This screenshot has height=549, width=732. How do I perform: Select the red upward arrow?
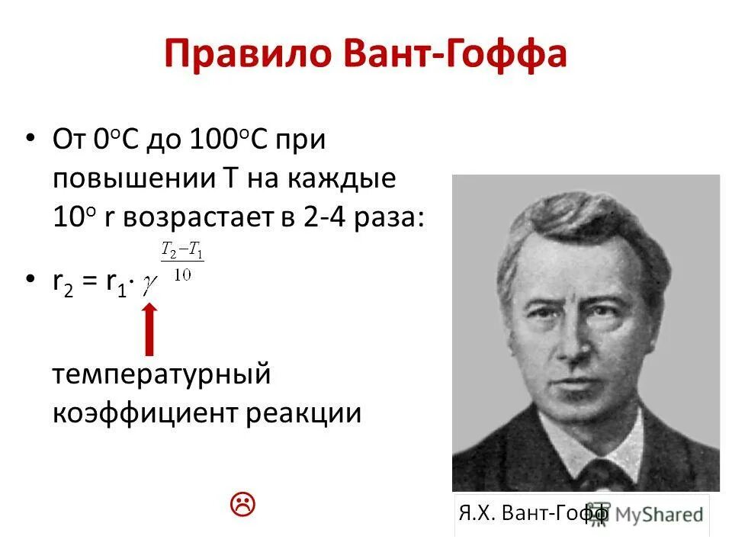pyautogui.click(x=149, y=329)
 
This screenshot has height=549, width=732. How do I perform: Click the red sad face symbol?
pyautogui.click(x=242, y=503)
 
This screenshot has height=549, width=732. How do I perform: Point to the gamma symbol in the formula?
pyautogui.click(x=151, y=281)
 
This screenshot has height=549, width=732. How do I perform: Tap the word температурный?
pyautogui.click(x=162, y=376)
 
